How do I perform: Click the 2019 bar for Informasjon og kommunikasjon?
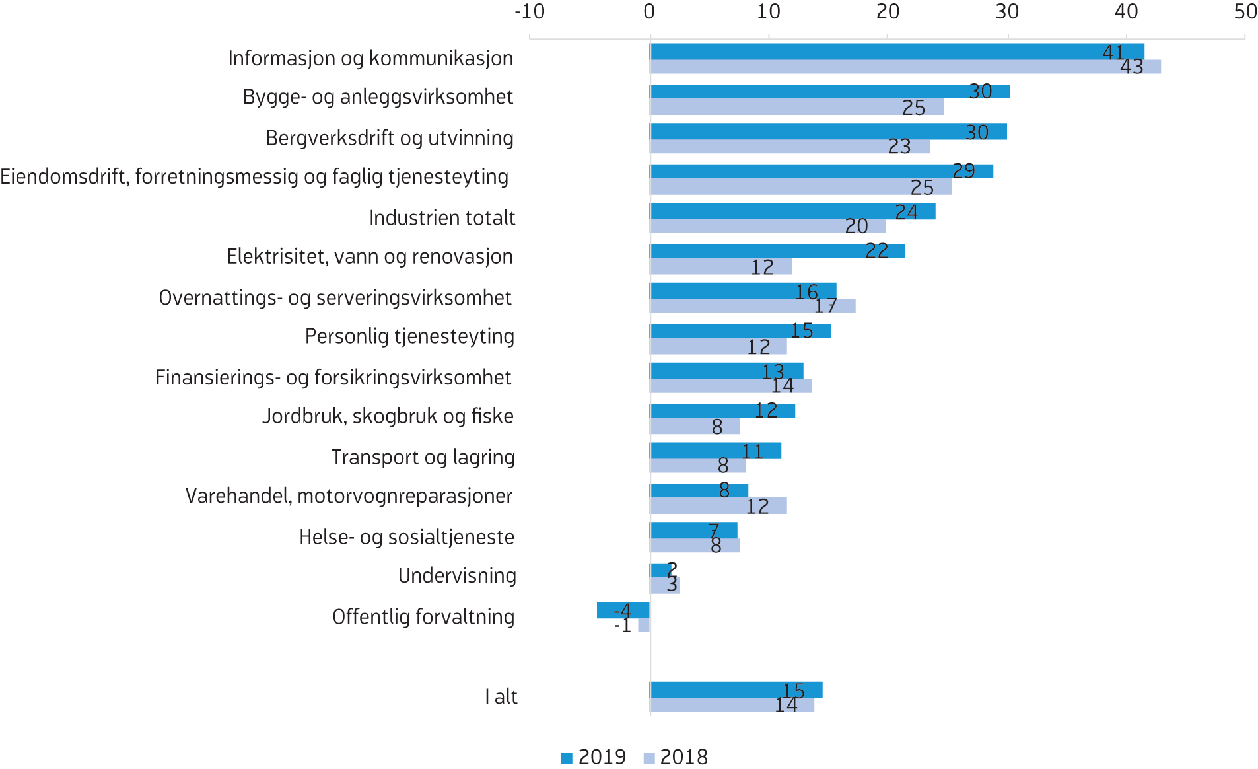coord(897,52)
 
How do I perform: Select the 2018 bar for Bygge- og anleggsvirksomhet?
coord(796,107)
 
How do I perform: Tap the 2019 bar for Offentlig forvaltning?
coord(623,610)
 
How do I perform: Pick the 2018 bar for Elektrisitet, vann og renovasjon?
coord(721,267)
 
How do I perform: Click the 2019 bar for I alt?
coord(736,690)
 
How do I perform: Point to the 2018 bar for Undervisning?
coord(664,585)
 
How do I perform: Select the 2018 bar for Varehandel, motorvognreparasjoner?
coord(718,506)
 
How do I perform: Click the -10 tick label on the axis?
coord(530,12)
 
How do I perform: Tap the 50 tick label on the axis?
coord(1245,12)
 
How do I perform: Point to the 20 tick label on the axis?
coord(888,12)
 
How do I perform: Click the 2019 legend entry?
coord(594,757)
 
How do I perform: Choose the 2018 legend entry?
coord(676,757)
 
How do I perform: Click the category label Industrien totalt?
coord(442,218)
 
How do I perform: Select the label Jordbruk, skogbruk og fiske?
coord(388,416)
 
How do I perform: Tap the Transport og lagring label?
coord(423,457)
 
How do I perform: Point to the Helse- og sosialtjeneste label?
coord(406,537)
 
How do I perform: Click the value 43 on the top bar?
coord(1131,67)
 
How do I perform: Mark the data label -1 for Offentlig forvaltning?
coord(623,626)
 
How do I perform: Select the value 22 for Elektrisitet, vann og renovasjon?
coord(876,251)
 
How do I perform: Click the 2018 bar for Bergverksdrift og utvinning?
coord(790,147)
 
